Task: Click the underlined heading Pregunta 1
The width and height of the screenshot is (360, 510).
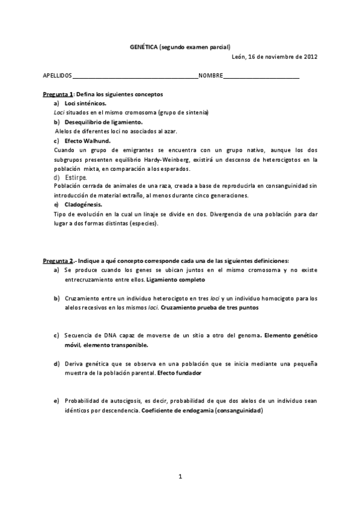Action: click(58, 95)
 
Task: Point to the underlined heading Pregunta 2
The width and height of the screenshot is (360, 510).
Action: click(58, 260)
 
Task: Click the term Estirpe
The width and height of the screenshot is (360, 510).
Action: click(75, 177)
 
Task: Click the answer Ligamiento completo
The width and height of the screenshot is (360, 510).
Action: click(175, 280)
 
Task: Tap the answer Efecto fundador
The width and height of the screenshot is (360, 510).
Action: click(179, 373)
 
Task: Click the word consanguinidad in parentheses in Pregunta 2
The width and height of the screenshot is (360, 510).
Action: click(240, 410)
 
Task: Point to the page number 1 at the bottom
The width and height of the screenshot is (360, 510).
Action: click(180, 476)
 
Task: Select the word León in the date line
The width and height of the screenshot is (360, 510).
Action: click(239, 57)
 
